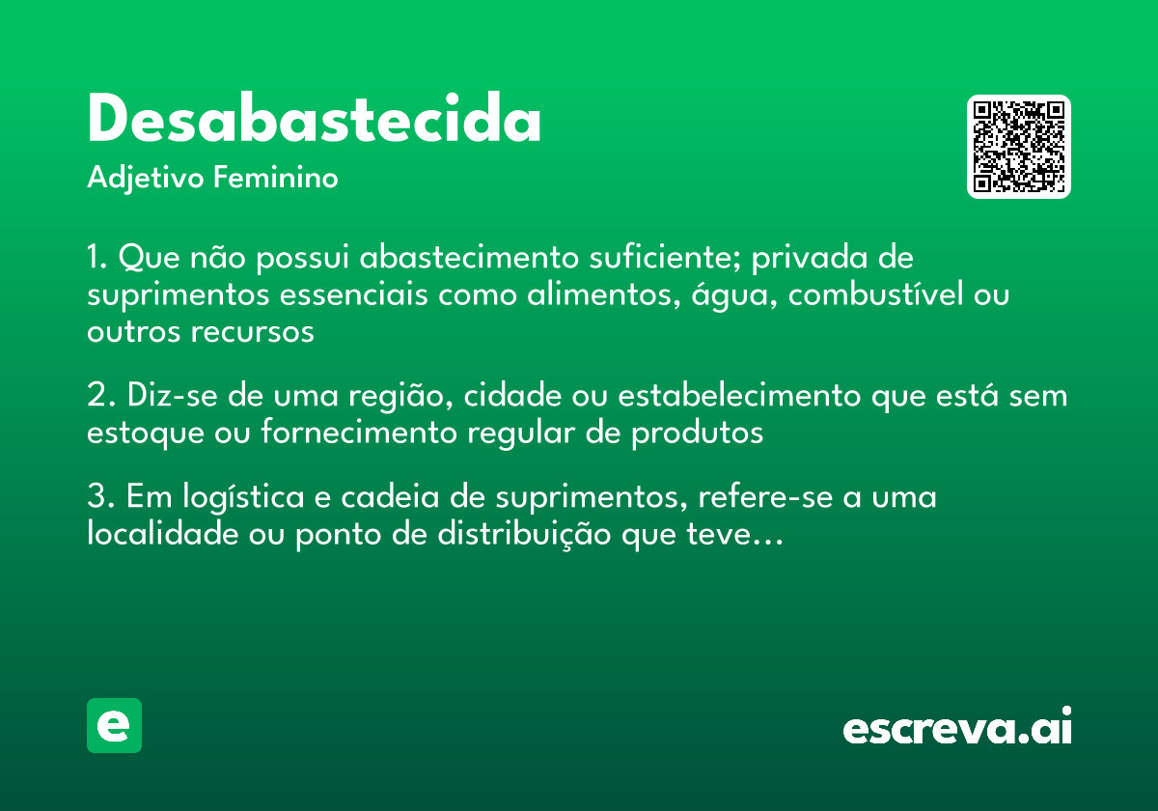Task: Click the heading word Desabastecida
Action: pyautogui.click(x=314, y=121)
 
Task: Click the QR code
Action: pyautogui.click(x=1019, y=147)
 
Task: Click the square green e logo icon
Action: pyautogui.click(x=114, y=725)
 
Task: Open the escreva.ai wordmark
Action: pyautogui.click(x=957, y=728)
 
